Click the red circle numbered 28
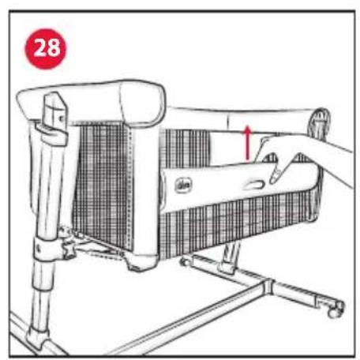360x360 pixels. (x=46, y=45)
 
